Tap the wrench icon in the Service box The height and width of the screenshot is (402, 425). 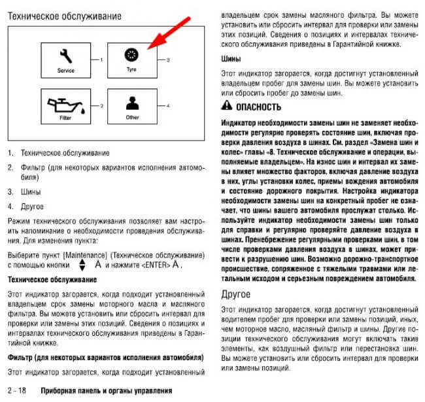pyautogui.click(x=65, y=56)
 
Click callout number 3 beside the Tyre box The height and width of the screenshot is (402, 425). pyautogui.click(x=168, y=59)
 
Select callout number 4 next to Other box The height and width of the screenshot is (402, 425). pyautogui.click(x=168, y=105)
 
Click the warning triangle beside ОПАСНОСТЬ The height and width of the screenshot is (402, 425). pyautogui.click(x=225, y=107)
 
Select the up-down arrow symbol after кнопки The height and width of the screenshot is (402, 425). pyautogui.click(x=82, y=265)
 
